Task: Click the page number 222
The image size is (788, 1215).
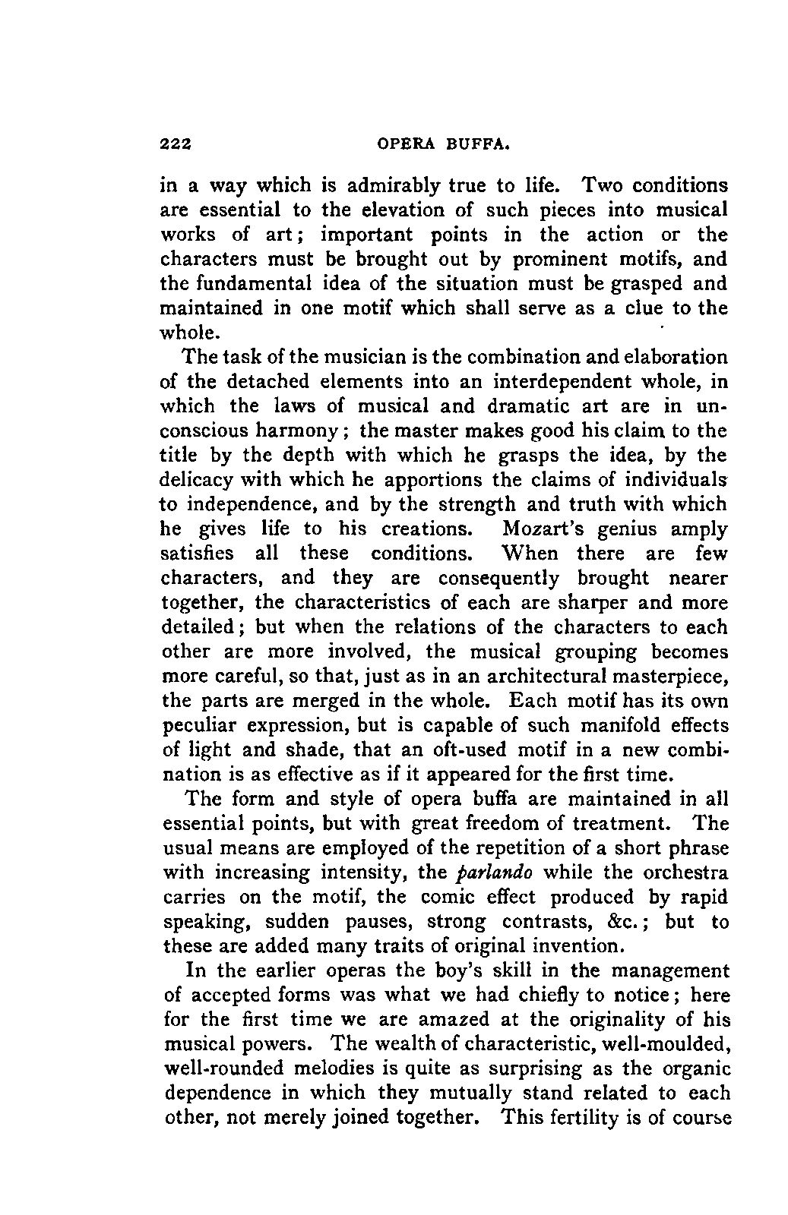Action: coord(174,145)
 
